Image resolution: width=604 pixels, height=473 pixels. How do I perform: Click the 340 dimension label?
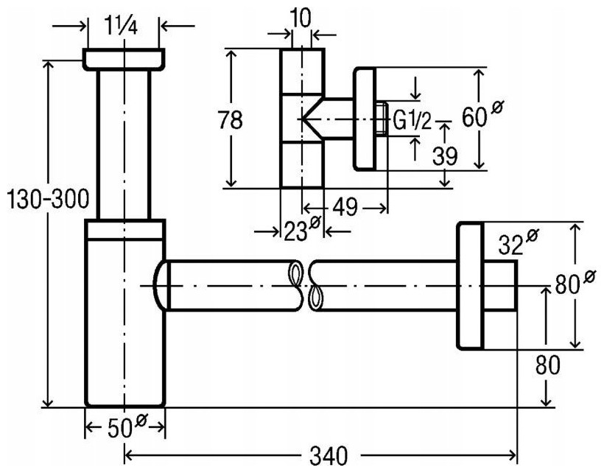[x=329, y=456]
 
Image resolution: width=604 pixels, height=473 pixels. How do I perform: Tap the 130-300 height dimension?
[x=49, y=199]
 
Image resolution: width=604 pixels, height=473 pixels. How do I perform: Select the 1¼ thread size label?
[x=121, y=27]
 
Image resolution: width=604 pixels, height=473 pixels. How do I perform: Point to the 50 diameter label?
[x=127, y=426]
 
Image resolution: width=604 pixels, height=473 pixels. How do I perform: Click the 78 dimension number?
[x=231, y=119]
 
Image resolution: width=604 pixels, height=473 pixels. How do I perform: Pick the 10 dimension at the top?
[x=301, y=18]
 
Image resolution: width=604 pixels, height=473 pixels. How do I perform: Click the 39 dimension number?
[x=445, y=155]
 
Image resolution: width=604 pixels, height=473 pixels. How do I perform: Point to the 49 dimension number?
[x=345, y=208]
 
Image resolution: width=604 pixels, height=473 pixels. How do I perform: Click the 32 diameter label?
[x=519, y=242]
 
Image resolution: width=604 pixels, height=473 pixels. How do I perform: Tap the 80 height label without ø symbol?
[x=547, y=365]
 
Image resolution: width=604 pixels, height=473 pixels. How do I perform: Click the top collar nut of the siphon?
[x=124, y=60]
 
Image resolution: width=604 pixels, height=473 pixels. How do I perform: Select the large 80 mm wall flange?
[x=470, y=286]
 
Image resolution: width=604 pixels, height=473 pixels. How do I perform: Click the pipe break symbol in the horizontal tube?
[x=305, y=285]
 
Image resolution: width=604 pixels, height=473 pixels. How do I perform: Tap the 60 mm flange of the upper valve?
[x=365, y=119]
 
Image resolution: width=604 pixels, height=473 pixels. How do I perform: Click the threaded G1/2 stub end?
[x=382, y=119]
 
